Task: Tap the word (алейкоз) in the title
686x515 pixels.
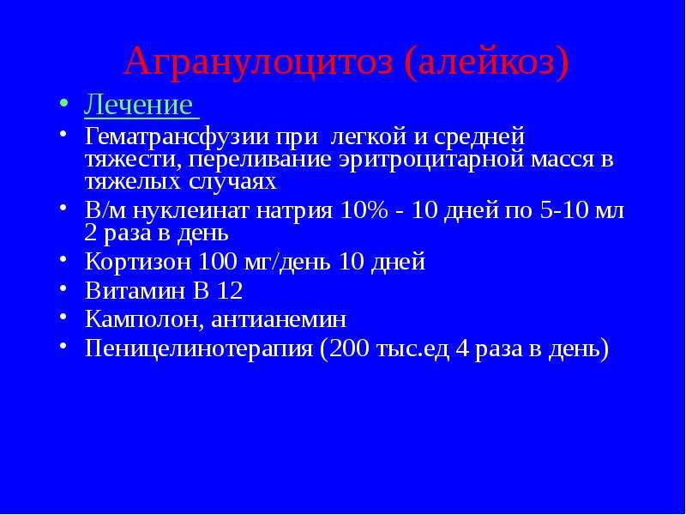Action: [486, 63]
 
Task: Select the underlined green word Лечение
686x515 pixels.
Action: [138, 105]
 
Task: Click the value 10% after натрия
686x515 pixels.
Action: [363, 210]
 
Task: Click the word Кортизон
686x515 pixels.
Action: [138, 262]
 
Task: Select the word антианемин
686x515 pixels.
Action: [278, 319]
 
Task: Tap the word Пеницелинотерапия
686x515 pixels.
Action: [199, 349]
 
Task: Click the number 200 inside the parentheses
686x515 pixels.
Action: [348, 348]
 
